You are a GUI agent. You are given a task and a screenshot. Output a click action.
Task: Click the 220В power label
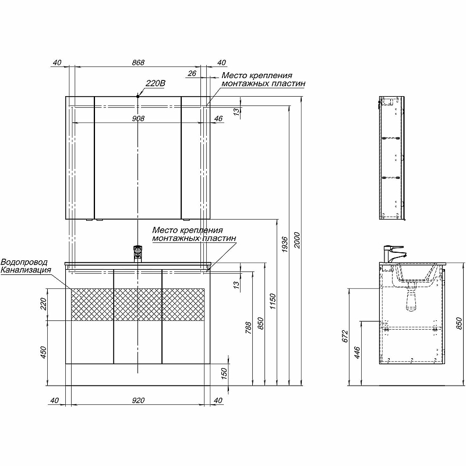click(x=155, y=83)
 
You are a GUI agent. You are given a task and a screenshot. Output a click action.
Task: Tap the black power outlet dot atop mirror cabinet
click(x=138, y=96)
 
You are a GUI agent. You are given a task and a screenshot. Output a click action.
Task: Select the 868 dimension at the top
click(x=138, y=62)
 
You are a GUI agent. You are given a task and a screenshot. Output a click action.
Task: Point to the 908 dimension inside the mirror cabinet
click(x=138, y=118)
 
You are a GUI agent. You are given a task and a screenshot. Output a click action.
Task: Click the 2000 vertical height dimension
click(x=297, y=240)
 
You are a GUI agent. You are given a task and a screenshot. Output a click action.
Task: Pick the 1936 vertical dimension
click(x=285, y=244)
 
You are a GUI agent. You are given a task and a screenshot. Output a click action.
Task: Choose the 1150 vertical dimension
click(x=273, y=301)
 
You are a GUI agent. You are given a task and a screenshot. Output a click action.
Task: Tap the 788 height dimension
click(x=249, y=328)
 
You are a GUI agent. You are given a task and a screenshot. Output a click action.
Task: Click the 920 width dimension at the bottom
click(x=138, y=401)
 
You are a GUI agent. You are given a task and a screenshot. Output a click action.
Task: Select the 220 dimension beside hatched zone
click(x=43, y=304)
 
